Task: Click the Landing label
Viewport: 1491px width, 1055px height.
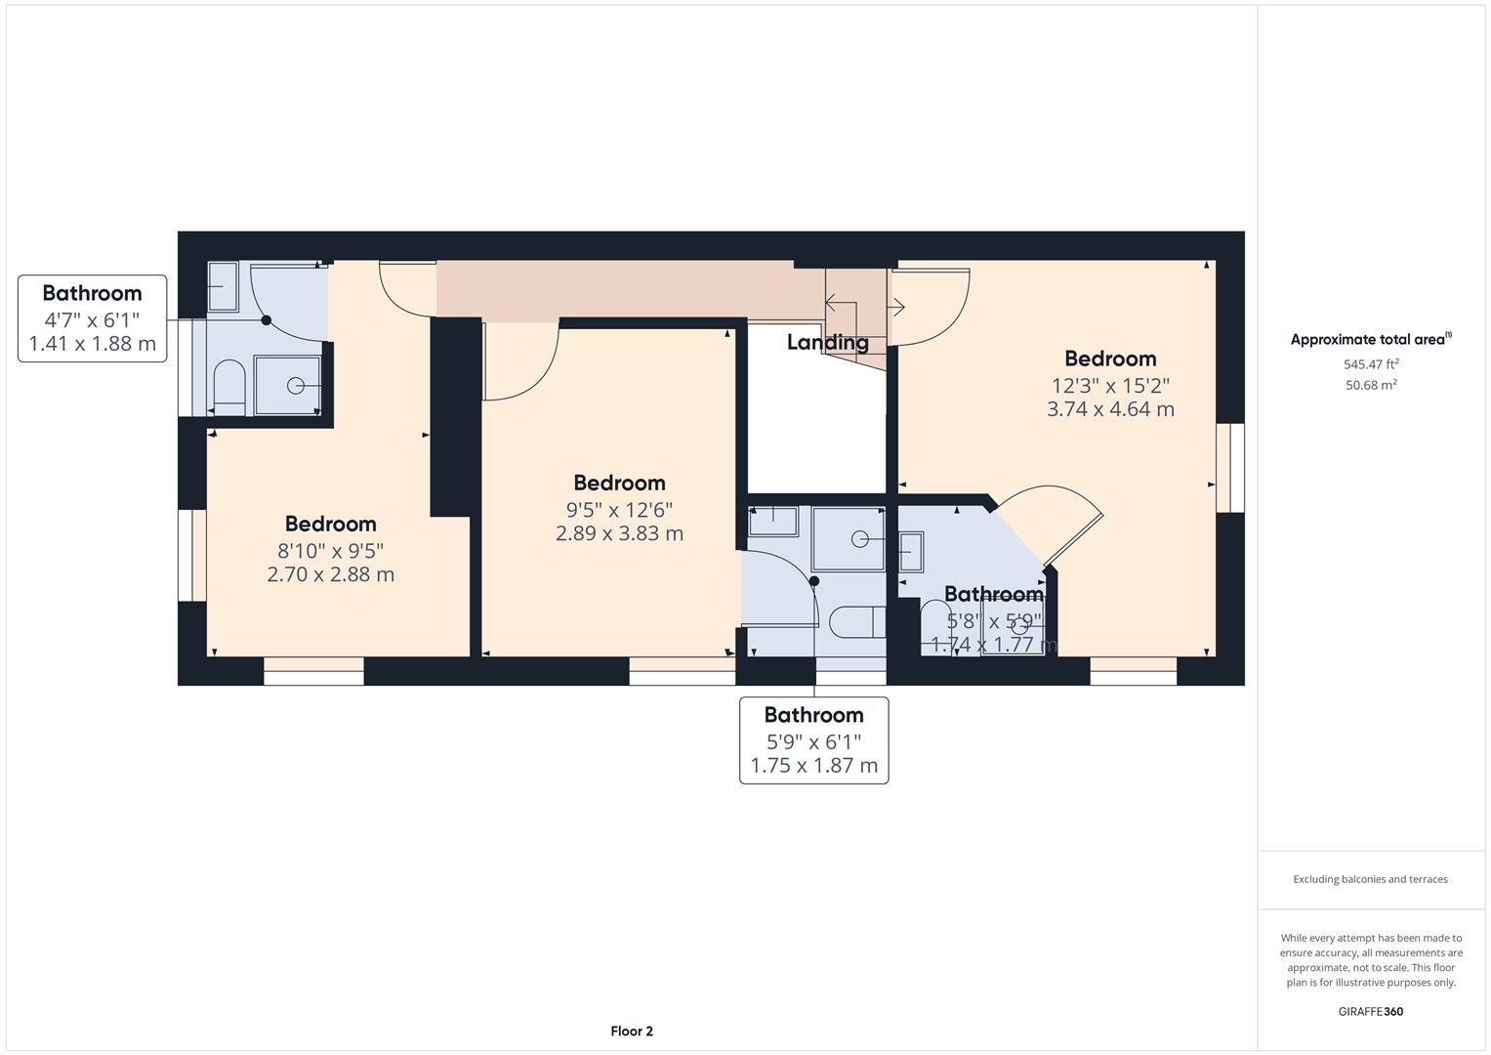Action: point(827,342)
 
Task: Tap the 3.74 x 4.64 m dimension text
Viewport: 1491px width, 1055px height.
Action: point(1110,409)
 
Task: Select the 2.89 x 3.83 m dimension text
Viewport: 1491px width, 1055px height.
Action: point(619,533)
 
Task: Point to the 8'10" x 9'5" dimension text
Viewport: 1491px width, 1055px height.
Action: point(330,550)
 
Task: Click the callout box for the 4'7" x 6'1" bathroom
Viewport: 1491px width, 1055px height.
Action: point(93,318)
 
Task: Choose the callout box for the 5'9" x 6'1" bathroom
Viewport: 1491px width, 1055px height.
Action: point(813,740)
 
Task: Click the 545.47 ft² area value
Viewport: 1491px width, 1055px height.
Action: point(1371,363)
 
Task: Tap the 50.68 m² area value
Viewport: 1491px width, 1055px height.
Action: point(1371,385)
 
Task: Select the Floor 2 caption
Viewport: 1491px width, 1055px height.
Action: point(632,1031)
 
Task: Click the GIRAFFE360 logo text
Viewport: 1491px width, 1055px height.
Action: point(1371,1011)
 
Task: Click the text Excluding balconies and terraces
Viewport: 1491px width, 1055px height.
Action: point(1371,879)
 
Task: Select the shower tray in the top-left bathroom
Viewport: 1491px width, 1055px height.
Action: point(288,386)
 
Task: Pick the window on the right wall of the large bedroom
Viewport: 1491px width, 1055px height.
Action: point(1230,467)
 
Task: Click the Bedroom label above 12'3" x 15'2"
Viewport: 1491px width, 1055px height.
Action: point(1110,359)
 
